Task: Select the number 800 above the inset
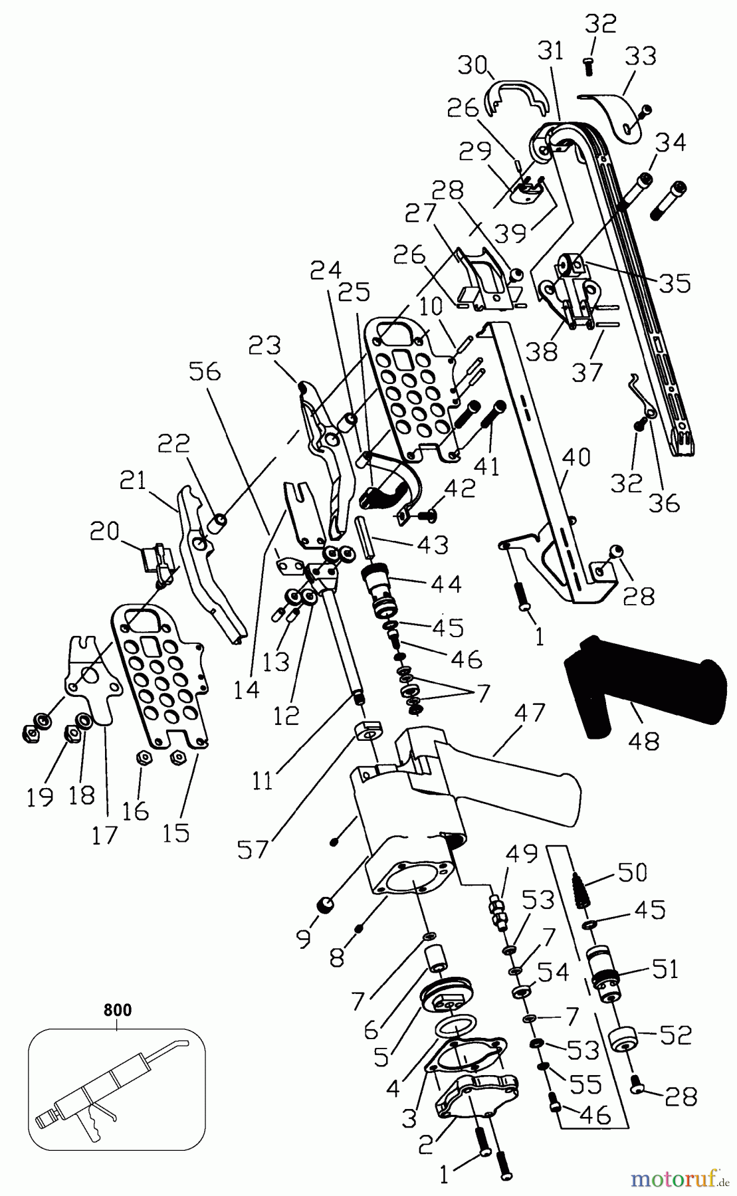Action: (x=118, y=1010)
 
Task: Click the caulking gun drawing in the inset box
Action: (x=113, y=1083)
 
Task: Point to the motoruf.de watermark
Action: (x=679, y=1179)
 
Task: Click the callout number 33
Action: (x=640, y=56)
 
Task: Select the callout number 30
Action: (x=473, y=65)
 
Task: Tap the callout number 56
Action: (x=205, y=371)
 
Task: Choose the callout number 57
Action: (x=253, y=848)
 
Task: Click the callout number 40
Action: (x=576, y=458)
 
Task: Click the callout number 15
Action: (x=176, y=833)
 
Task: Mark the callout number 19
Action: (x=40, y=796)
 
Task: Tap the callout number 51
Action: (x=665, y=969)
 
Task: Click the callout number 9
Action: (x=303, y=938)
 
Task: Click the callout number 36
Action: (x=664, y=503)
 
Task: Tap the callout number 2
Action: (x=426, y=1144)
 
